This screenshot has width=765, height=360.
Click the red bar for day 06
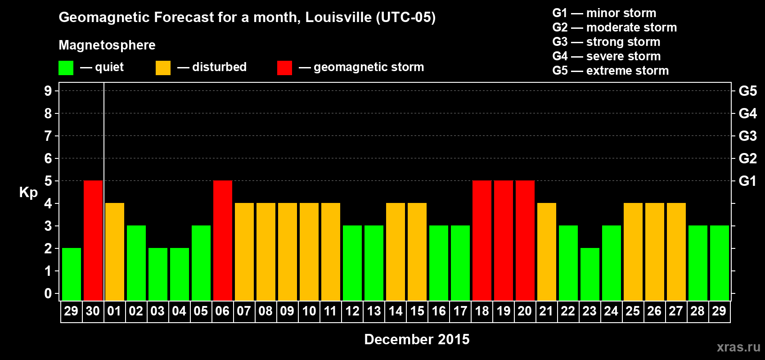coord(223,240)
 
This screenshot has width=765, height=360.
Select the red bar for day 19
coord(504,240)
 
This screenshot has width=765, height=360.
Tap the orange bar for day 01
coord(115,252)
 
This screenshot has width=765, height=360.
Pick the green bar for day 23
coord(590,274)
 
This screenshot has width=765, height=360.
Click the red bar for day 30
coord(93,240)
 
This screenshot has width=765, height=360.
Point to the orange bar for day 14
coord(396,252)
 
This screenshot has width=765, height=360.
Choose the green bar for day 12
coord(352,263)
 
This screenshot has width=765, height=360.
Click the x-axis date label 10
coord(309,311)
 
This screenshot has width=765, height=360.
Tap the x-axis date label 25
coord(633,311)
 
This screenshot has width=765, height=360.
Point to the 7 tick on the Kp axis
coord(48,136)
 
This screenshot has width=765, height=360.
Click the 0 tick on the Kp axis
coord(48,293)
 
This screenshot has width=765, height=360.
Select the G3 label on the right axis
coord(747,136)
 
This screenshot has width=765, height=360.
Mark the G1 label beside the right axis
coord(747,181)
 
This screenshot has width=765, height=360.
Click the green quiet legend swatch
coord(66,68)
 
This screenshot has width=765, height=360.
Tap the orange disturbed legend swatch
coord(163,68)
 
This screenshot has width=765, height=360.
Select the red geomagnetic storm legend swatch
coord(284,68)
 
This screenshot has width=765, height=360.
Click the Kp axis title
coord(28,193)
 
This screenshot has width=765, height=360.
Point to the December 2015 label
coord(417,339)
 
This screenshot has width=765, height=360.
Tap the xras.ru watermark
coord(738,347)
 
